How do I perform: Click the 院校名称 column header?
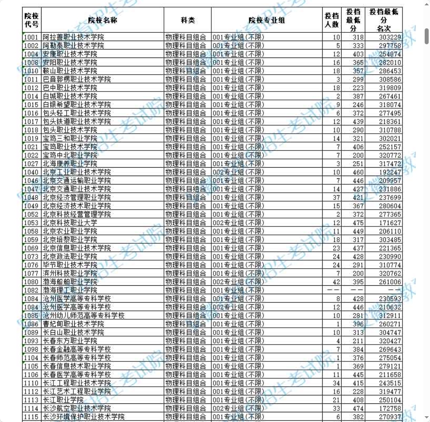[x=103, y=20]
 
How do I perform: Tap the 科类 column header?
[x=187, y=20]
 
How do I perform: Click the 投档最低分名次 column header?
[x=384, y=20]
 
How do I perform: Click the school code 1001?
[x=31, y=37]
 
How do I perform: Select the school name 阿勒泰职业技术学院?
[x=73, y=46]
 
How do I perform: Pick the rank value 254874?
[x=390, y=54]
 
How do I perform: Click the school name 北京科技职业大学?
[x=70, y=223]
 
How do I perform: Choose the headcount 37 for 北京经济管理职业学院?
[x=336, y=197]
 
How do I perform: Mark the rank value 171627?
[x=390, y=223]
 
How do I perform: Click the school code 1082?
[x=31, y=290]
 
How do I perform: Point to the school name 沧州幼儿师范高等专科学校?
[x=84, y=315]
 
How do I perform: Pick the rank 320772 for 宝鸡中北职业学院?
[x=390, y=155]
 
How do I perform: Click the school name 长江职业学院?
[x=63, y=400]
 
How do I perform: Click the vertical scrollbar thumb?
[x=426, y=36]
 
